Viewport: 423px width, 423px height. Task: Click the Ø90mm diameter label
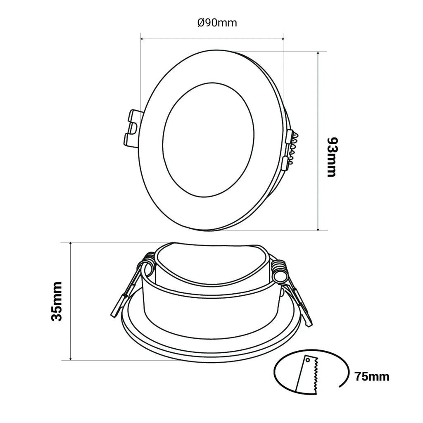pos(217,23)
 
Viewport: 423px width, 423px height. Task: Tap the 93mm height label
pos(332,157)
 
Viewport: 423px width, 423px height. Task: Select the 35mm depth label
pos(57,301)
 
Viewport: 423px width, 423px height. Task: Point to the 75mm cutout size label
pos(372,376)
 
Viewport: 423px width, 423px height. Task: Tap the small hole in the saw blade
pos(308,360)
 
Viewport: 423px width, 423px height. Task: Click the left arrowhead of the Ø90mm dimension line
pos(143,39)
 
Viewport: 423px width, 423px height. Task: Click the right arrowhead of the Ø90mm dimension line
pos(282,39)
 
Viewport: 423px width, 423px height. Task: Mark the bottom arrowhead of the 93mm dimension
pos(318,228)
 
